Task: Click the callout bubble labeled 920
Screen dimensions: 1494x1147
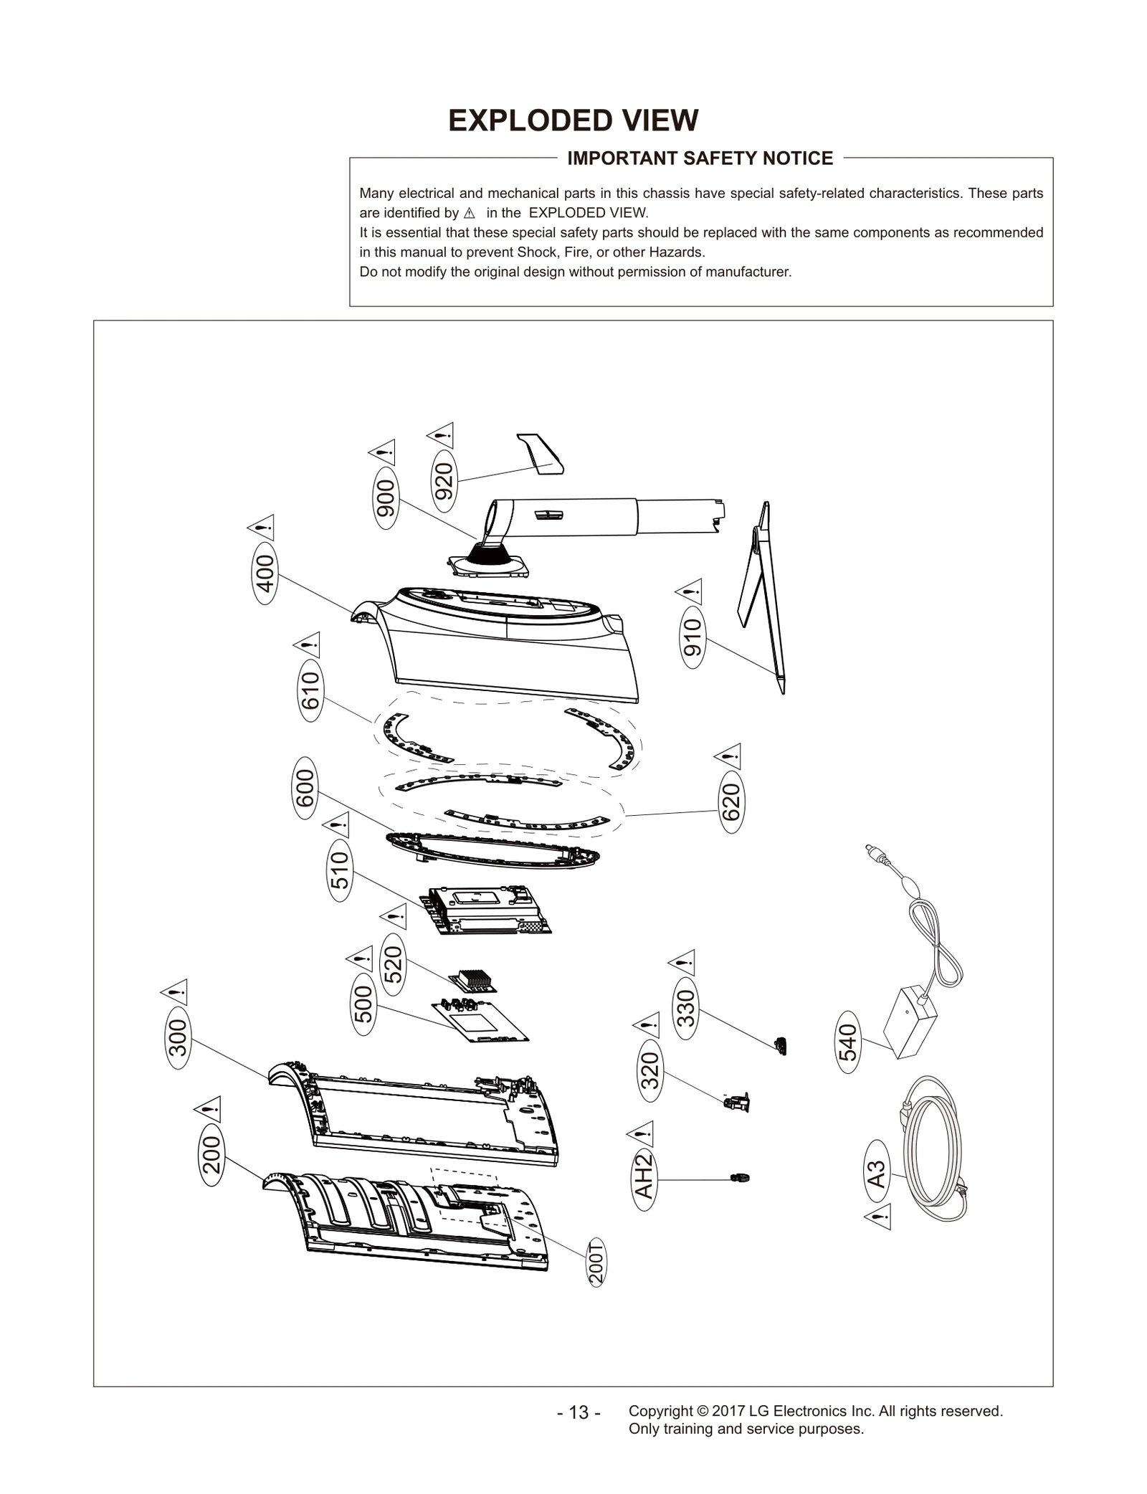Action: coord(444,481)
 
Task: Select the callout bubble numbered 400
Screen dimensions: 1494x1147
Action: coord(265,574)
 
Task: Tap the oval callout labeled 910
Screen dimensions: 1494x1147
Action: coord(693,638)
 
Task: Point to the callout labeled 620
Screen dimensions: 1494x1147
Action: coord(731,802)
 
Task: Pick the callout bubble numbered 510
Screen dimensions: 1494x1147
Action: coord(341,870)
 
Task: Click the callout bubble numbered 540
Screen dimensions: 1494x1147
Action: coord(847,1042)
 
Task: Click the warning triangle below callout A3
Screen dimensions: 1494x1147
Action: coord(878,1216)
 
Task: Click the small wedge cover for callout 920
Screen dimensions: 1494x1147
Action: coord(543,455)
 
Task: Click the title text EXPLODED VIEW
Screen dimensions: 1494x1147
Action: coord(573,121)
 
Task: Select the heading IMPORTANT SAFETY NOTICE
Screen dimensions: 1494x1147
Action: coord(700,158)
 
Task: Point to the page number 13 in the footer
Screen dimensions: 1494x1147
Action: coord(579,1413)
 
